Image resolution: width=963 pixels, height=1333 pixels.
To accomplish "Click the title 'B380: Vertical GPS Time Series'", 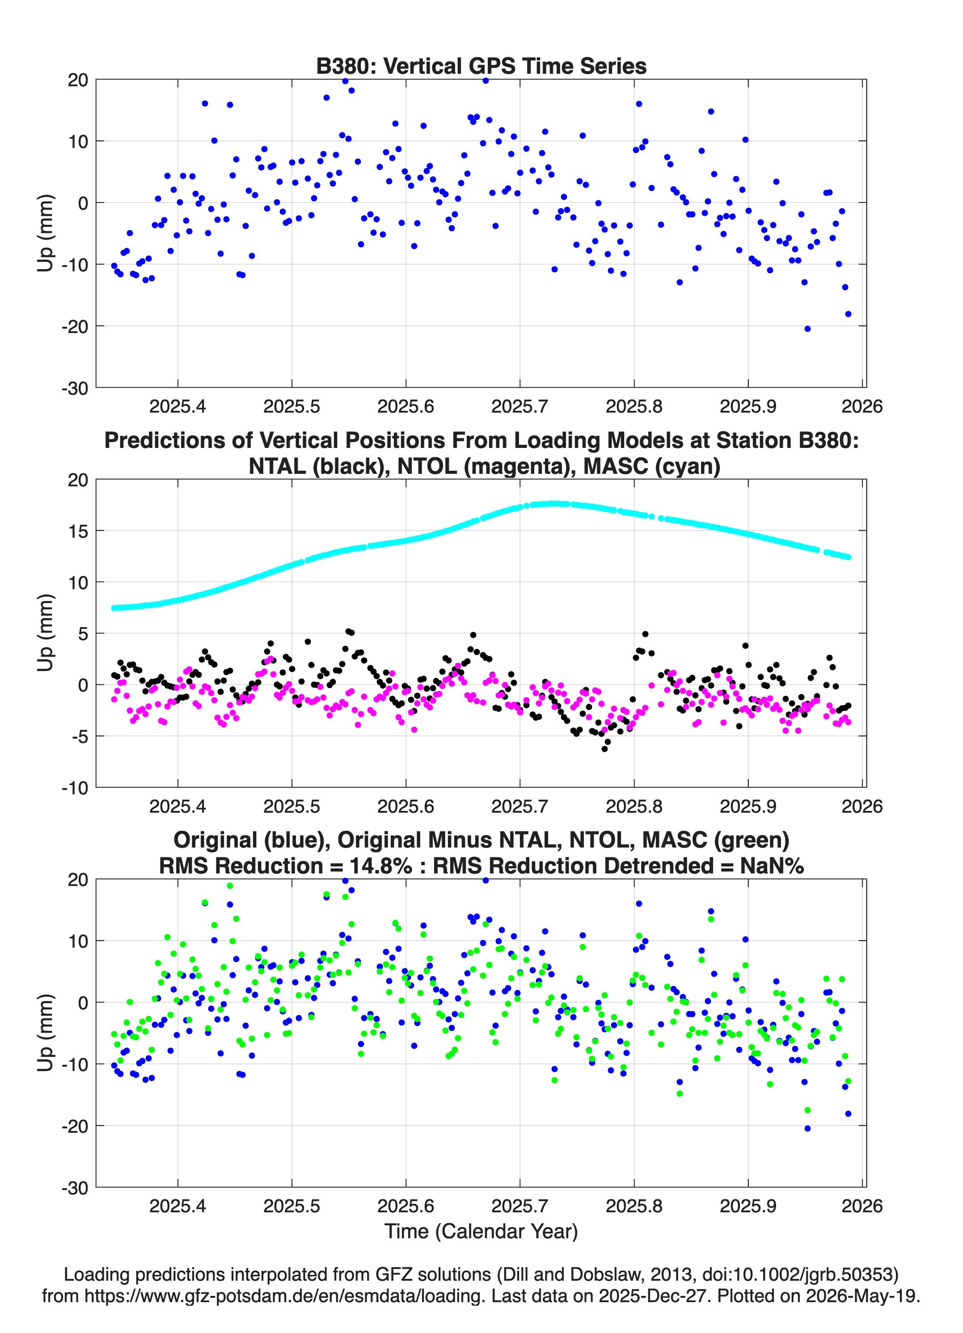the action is (481, 66).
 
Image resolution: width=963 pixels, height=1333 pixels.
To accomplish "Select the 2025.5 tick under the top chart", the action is (291, 406).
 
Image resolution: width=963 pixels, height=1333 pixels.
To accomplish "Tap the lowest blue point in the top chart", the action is (807, 329).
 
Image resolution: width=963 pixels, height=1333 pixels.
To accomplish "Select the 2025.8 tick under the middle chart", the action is (634, 806).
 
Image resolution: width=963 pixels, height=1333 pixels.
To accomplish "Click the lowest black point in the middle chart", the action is (604, 749).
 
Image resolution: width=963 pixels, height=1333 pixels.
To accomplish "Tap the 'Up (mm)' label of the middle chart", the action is (45, 633).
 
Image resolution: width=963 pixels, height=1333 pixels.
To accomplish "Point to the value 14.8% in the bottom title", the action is (381, 866).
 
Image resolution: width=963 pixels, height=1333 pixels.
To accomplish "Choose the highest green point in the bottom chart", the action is (230, 886).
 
